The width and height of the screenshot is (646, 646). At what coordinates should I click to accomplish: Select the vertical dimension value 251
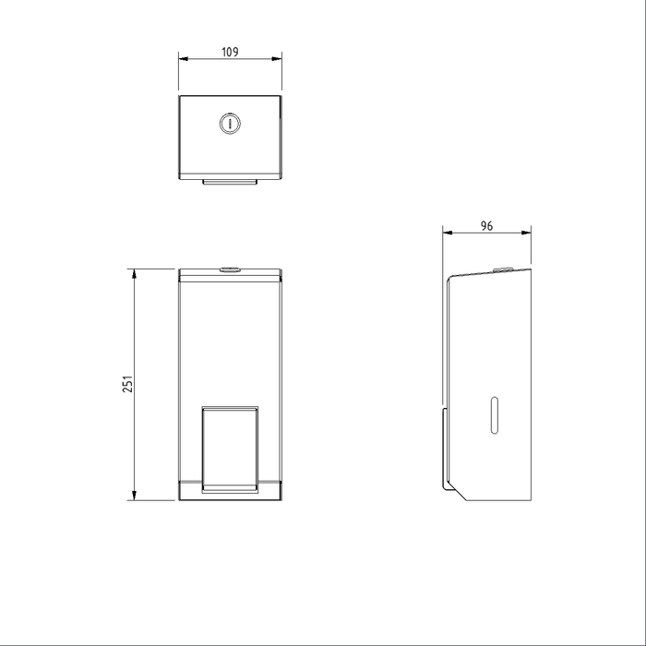click(x=128, y=383)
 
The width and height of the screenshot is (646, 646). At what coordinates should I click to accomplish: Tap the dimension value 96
click(x=487, y=224)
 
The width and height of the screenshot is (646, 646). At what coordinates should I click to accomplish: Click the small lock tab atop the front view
click(x=229, y=269)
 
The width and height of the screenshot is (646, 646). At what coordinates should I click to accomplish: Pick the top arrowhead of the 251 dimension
click(x=135, y=273)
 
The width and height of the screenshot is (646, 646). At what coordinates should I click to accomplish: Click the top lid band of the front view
click(x=229, y=276)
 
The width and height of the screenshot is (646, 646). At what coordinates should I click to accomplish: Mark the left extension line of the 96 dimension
click(x=443, y=249)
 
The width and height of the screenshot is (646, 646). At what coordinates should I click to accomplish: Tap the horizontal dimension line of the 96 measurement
click(x=487, y=233)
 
